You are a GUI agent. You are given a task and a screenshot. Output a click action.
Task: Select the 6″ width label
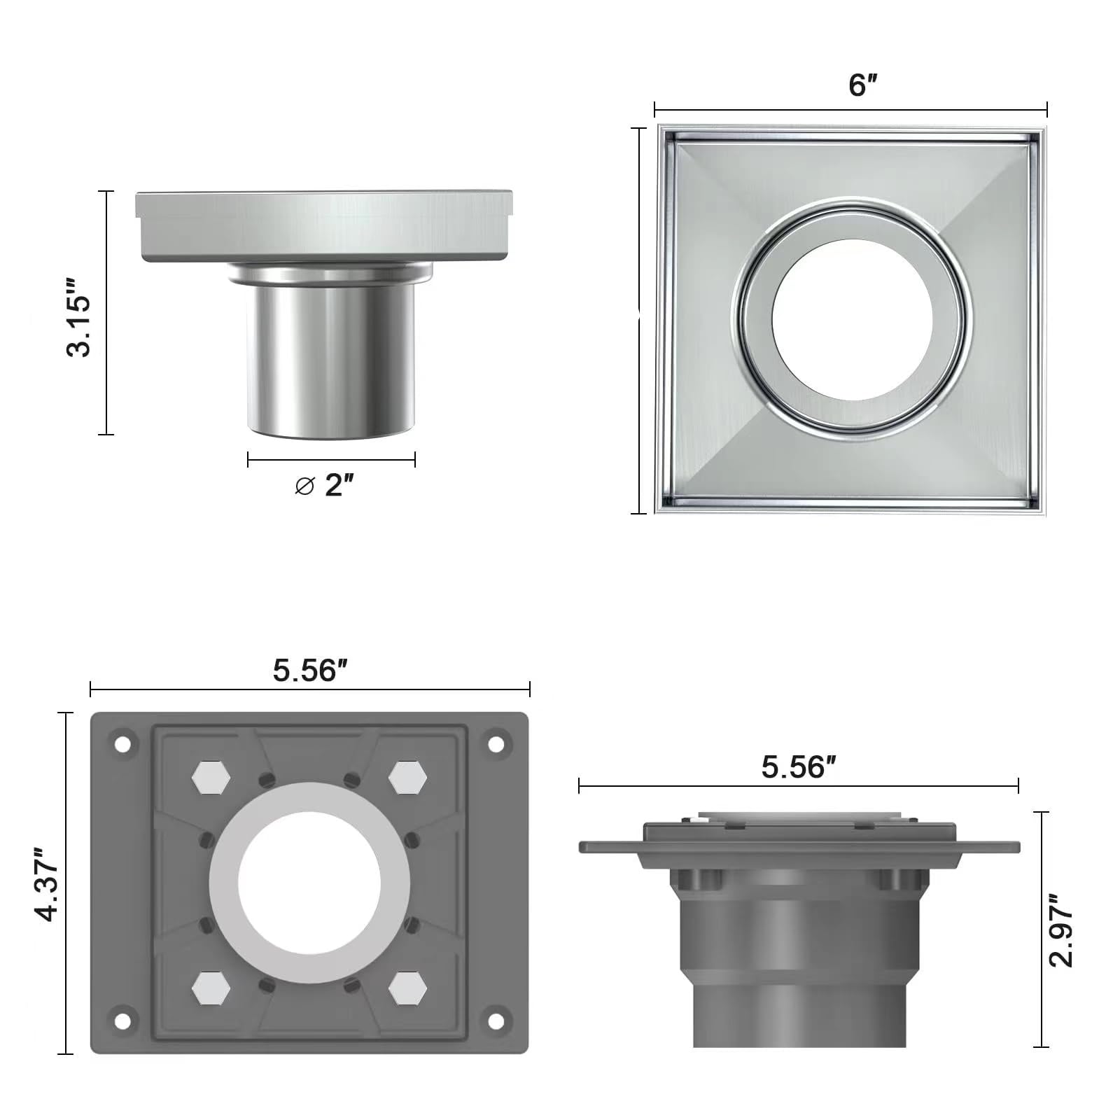[x=862, y=85]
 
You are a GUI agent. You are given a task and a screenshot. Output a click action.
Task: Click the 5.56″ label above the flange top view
[x=310, y=671]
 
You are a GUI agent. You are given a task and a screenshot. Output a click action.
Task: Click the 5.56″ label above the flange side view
[x=799, y=767]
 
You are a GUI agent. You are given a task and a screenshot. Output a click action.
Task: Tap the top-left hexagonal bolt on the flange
[x=211, y=778]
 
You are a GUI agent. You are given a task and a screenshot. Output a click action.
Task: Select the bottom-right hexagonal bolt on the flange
[x=408, y=988]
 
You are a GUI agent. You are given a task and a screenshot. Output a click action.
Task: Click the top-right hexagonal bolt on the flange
[x=408, y=778]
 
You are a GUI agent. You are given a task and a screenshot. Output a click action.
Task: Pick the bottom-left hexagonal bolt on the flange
[x=211, y=988]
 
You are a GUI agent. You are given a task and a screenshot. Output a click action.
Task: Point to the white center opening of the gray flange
[x=309, y=882]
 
